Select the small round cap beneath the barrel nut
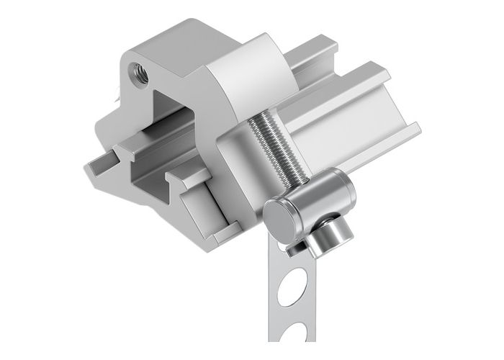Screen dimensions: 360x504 (x=331, y=230)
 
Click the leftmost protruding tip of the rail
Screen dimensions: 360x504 (x=88, y=170)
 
